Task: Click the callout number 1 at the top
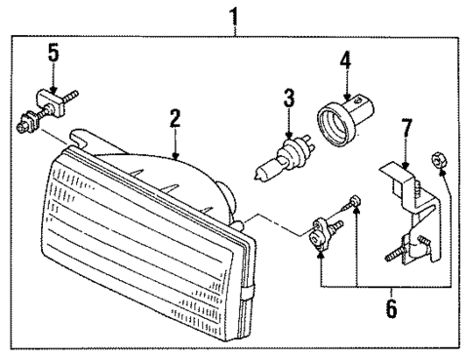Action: [x=232, y=16]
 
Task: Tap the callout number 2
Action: [x=175, y=119]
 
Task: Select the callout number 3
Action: [x=288, y=98]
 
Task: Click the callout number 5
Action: [x=54, y=52]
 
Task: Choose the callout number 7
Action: [x=408, y=128]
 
